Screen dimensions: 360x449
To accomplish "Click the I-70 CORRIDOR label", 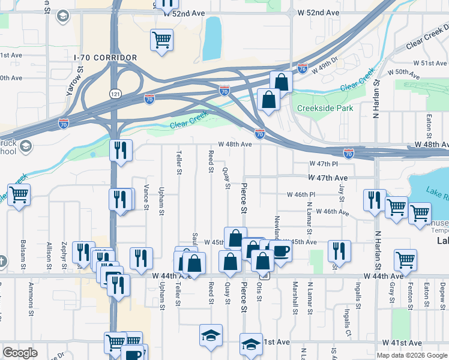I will [106, 58].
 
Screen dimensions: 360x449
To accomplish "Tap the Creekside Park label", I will [325, 109].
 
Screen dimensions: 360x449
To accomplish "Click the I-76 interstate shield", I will [303, 70].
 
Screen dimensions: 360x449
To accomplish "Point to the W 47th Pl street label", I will [324, 164].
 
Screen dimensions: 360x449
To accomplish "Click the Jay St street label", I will [342, 193].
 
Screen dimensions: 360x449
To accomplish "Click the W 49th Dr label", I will [325, 63].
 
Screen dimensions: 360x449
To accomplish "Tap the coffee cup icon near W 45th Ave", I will [280, 251].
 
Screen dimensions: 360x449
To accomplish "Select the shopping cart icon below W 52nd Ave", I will [161, 40].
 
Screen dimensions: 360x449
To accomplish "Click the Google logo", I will [21, 353].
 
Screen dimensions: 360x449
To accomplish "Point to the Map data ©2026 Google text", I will [411, 355].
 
